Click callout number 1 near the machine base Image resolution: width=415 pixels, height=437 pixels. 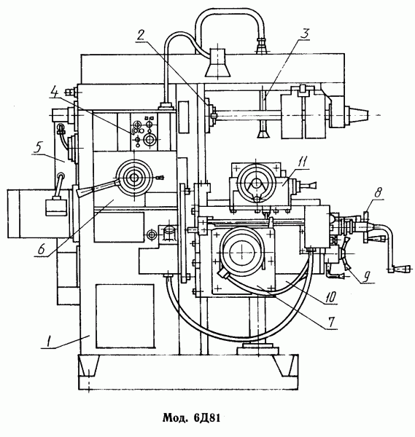coord(49,342)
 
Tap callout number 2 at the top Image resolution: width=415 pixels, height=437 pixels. coord(141,35)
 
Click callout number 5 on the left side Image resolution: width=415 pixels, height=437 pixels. coord(37,148)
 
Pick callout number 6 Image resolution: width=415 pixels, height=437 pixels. coord(42,250)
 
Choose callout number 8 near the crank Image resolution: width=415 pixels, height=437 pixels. coord(377,193)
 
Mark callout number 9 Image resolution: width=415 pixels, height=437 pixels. coord(367,277)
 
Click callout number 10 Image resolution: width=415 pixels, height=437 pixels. coord(330,298)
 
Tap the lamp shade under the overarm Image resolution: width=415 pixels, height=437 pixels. coord(217,63)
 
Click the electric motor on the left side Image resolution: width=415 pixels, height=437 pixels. coord(38,213)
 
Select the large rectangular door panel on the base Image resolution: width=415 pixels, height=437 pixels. coord(125,316)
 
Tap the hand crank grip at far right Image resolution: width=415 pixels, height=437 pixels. coord(400,269)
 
